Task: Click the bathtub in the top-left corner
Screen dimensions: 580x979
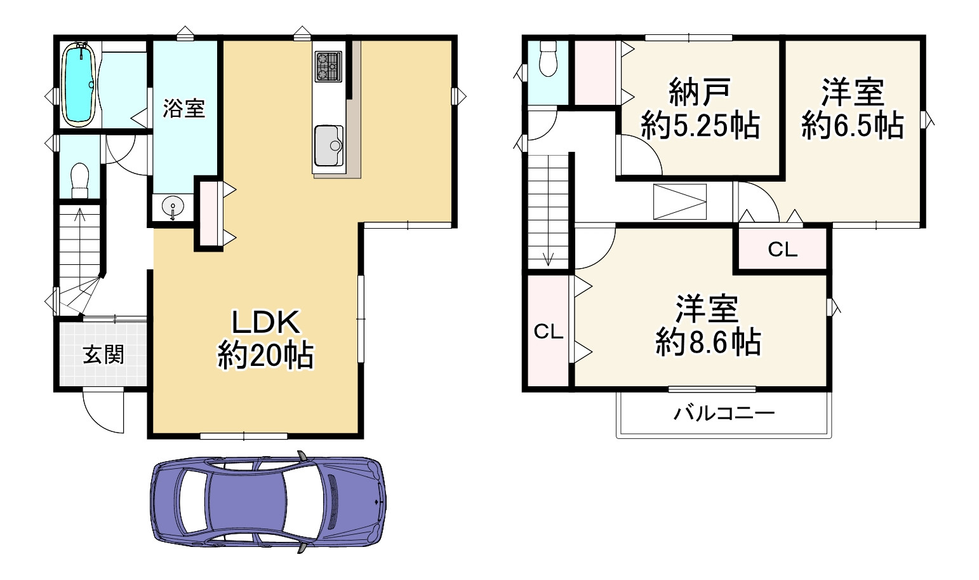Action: tap(79, 84)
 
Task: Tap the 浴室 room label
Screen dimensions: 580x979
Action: tap(184, 109)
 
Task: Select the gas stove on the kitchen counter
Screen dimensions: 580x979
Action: tap(328, 66)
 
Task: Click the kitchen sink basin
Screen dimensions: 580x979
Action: tap(328, 145)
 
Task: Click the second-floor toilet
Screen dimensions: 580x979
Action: tap(547, 59)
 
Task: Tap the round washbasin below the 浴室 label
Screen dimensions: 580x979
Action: tap(171, 206)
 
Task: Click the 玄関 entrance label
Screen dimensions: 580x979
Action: tap(103, 354)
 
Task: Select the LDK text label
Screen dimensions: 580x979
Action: tap(265, 323)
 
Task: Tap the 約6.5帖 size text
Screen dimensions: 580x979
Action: tap(852, 125)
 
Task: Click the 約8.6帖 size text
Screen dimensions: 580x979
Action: tap(708, 343)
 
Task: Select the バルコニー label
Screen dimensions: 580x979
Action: tap(724, 414)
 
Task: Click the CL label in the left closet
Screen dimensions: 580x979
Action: tap(549, 332)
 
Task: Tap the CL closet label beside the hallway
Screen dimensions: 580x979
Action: tap(782, 250)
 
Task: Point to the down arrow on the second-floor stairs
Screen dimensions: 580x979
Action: tap(549, 259)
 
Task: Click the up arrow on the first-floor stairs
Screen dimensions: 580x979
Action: tap(80, 213)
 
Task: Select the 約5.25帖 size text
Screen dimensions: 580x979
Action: tap(700, 126)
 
